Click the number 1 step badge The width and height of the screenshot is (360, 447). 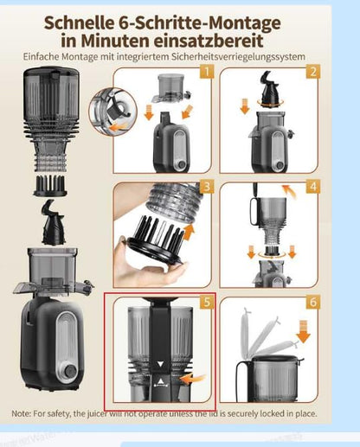point(205,73)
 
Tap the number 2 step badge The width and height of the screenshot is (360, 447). point(312,73)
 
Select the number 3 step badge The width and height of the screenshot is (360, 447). point(206,187)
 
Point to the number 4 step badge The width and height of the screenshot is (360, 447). point(312,187)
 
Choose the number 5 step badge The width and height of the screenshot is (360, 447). point(206,302)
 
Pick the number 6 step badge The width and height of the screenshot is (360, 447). point(312,302)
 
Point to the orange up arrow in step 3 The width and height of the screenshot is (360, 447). point(190,232)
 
